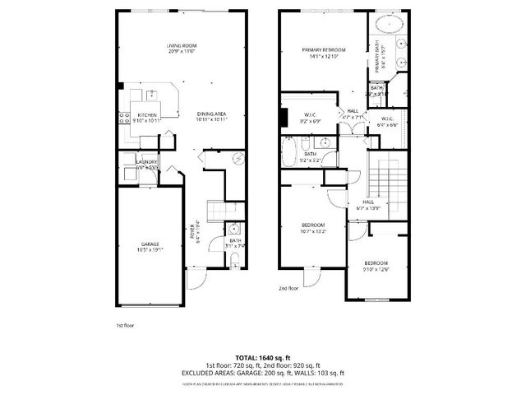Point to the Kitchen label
point(148,118)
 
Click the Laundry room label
point(147,165)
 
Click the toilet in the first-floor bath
point(236,262)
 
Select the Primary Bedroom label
point(324,53)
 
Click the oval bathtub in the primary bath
point(387,22)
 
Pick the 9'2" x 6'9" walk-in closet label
point(310,118)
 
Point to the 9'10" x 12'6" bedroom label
point(377,267)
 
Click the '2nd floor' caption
point(288,289)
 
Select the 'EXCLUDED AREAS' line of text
point(262,373)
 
